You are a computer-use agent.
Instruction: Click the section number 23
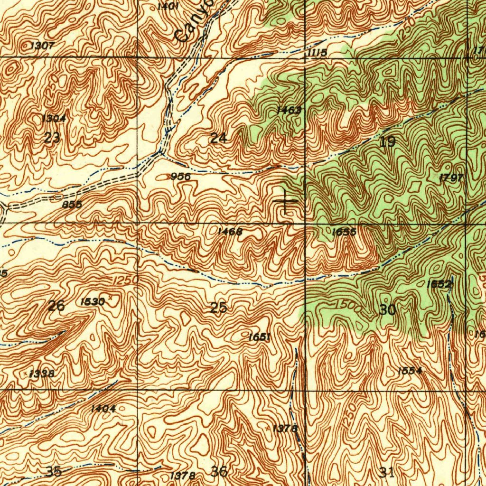(52, 139)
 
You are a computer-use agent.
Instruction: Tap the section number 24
(218, 139)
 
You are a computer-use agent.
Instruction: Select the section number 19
(387, 141)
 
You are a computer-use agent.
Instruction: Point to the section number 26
(56, 306)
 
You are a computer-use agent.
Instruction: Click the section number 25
(218, 308)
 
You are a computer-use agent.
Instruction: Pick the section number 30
(387, 310)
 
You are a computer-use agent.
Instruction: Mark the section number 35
(54, 471)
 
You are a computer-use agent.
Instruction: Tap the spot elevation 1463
(289, 111)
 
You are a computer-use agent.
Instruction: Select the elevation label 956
(180, 177)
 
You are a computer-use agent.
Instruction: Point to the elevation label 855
(72, 205)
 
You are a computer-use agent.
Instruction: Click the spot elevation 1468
(230, 232)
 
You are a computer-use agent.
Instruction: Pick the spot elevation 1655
(344, 232)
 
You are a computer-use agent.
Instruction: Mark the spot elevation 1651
(259, 337)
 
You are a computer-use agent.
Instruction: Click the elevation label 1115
(317, 53)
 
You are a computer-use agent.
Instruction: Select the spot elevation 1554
(410, 371)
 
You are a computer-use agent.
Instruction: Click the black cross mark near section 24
(286, 201)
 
